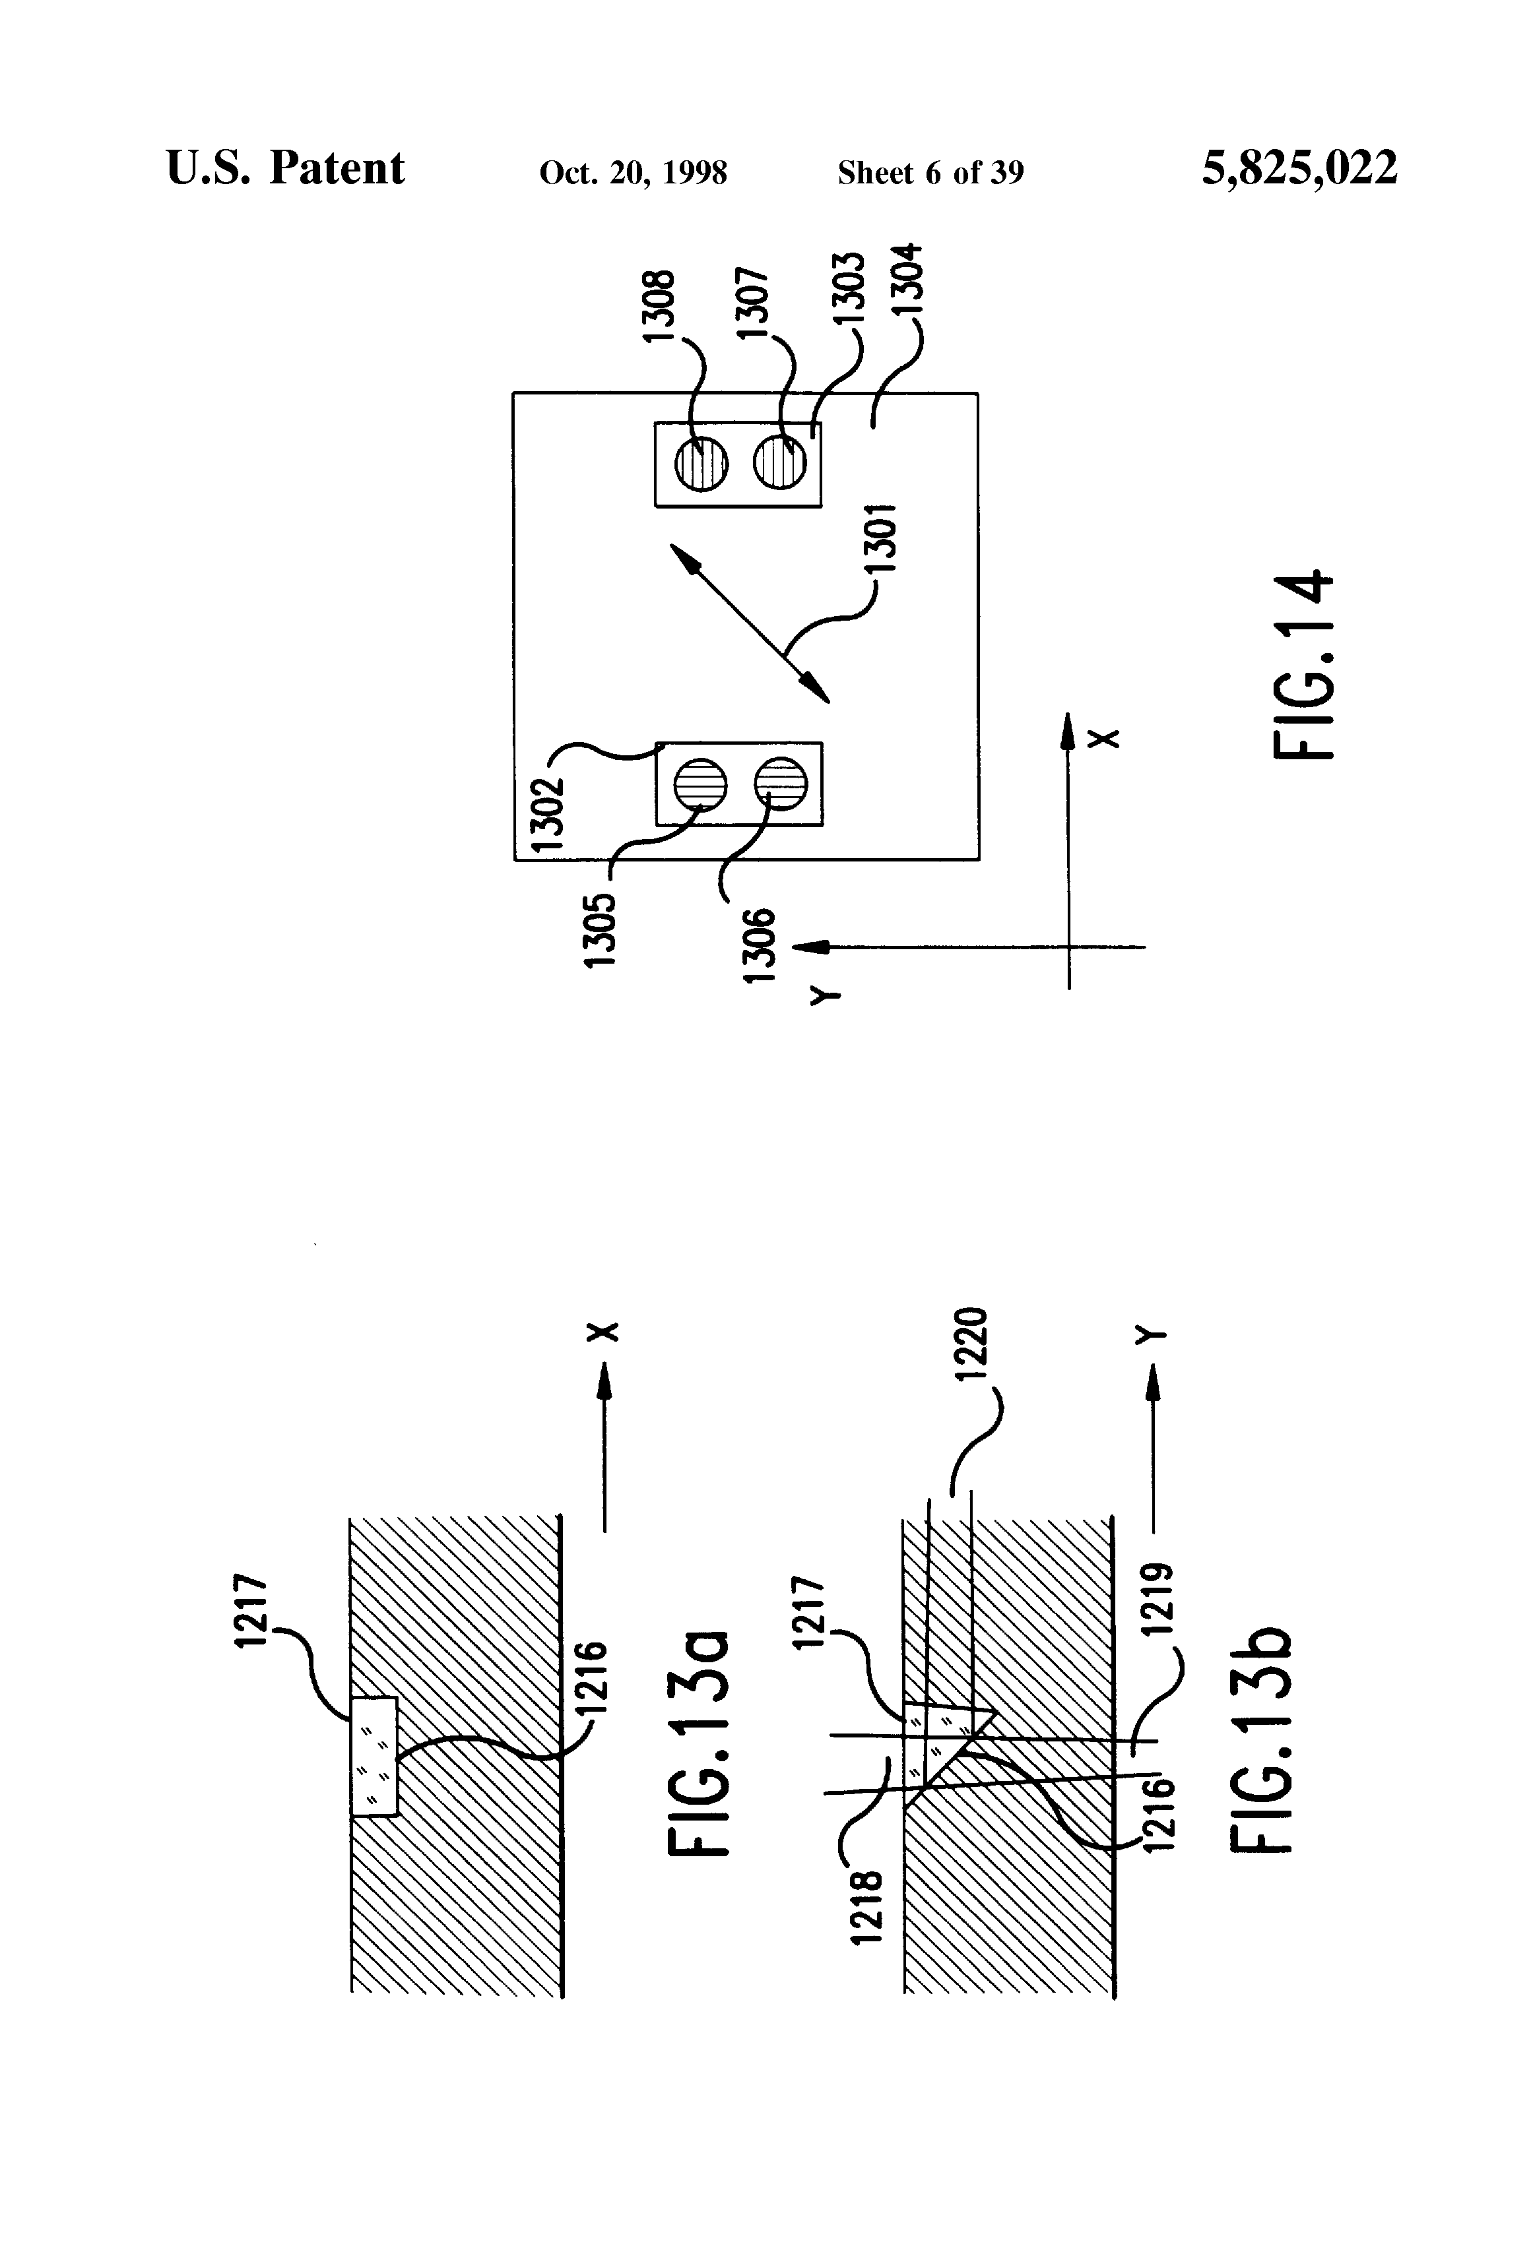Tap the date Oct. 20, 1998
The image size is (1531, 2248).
(633, 173)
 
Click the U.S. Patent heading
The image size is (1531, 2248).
(286, 168)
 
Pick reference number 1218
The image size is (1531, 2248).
(867, 1906)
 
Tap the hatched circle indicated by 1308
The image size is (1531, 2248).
(701, 464)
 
